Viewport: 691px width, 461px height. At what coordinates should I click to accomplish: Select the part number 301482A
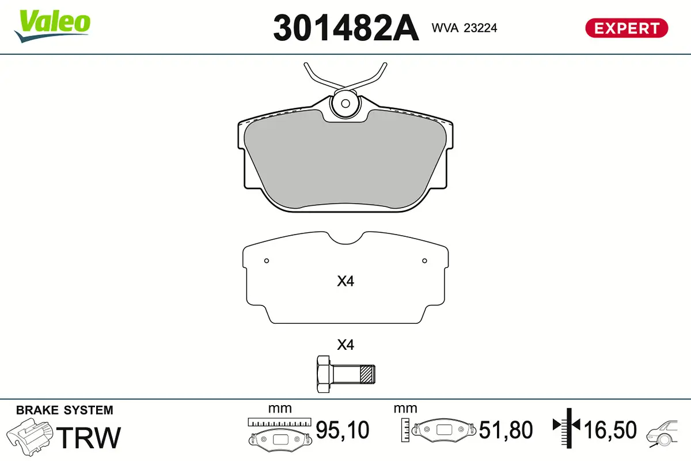345,28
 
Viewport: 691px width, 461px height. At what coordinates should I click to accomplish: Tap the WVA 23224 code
464,27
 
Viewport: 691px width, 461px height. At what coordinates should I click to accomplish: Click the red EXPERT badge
627,28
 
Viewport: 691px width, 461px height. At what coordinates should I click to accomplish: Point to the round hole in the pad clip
345,104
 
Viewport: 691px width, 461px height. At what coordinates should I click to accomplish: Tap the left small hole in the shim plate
267,261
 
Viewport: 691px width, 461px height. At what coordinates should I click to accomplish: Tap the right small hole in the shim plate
424,261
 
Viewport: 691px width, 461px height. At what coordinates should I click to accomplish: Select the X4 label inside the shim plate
345,282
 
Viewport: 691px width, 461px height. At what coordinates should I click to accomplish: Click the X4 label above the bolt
345,345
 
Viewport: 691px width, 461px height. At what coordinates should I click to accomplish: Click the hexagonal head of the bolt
324,374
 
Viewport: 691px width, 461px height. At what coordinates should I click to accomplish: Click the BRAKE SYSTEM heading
64,410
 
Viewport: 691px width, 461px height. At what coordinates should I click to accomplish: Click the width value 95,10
343,430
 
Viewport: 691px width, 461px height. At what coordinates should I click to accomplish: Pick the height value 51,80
506,430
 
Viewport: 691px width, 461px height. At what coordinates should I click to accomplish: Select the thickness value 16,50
610,430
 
